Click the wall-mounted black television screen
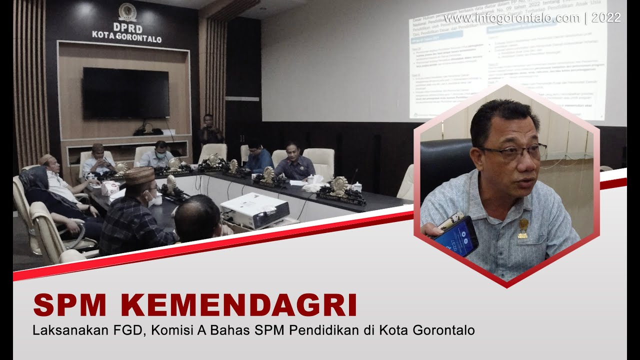125,93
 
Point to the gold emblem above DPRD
127,11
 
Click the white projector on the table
254,209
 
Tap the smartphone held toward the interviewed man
456,236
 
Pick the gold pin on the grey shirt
523,227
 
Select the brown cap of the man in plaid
139,175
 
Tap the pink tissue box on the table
110,188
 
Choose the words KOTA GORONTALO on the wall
126,36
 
